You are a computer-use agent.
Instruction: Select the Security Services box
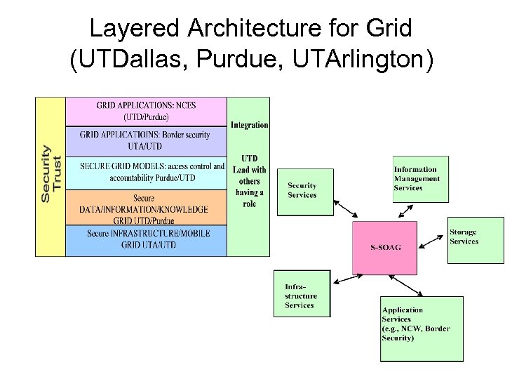[x=304, y=190]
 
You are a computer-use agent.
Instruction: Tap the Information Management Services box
[x=420, y=179]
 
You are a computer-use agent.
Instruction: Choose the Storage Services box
[x=475, y=240]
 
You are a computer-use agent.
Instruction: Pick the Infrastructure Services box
[x=302, y=293]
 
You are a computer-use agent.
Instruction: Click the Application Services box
[x=422, y=328]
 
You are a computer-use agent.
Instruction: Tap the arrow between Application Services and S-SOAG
[x=399, y=284]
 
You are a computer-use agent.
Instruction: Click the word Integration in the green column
[x=249, y=125]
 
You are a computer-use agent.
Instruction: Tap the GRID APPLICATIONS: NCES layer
[x=146, y=111]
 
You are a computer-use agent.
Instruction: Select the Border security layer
[x=146, y=140]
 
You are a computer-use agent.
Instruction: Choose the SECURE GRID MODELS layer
[x=146, y=172]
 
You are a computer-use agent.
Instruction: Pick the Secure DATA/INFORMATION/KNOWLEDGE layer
[x=146, y=209]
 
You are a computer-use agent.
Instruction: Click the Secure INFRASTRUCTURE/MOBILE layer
[x=146, y=239]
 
